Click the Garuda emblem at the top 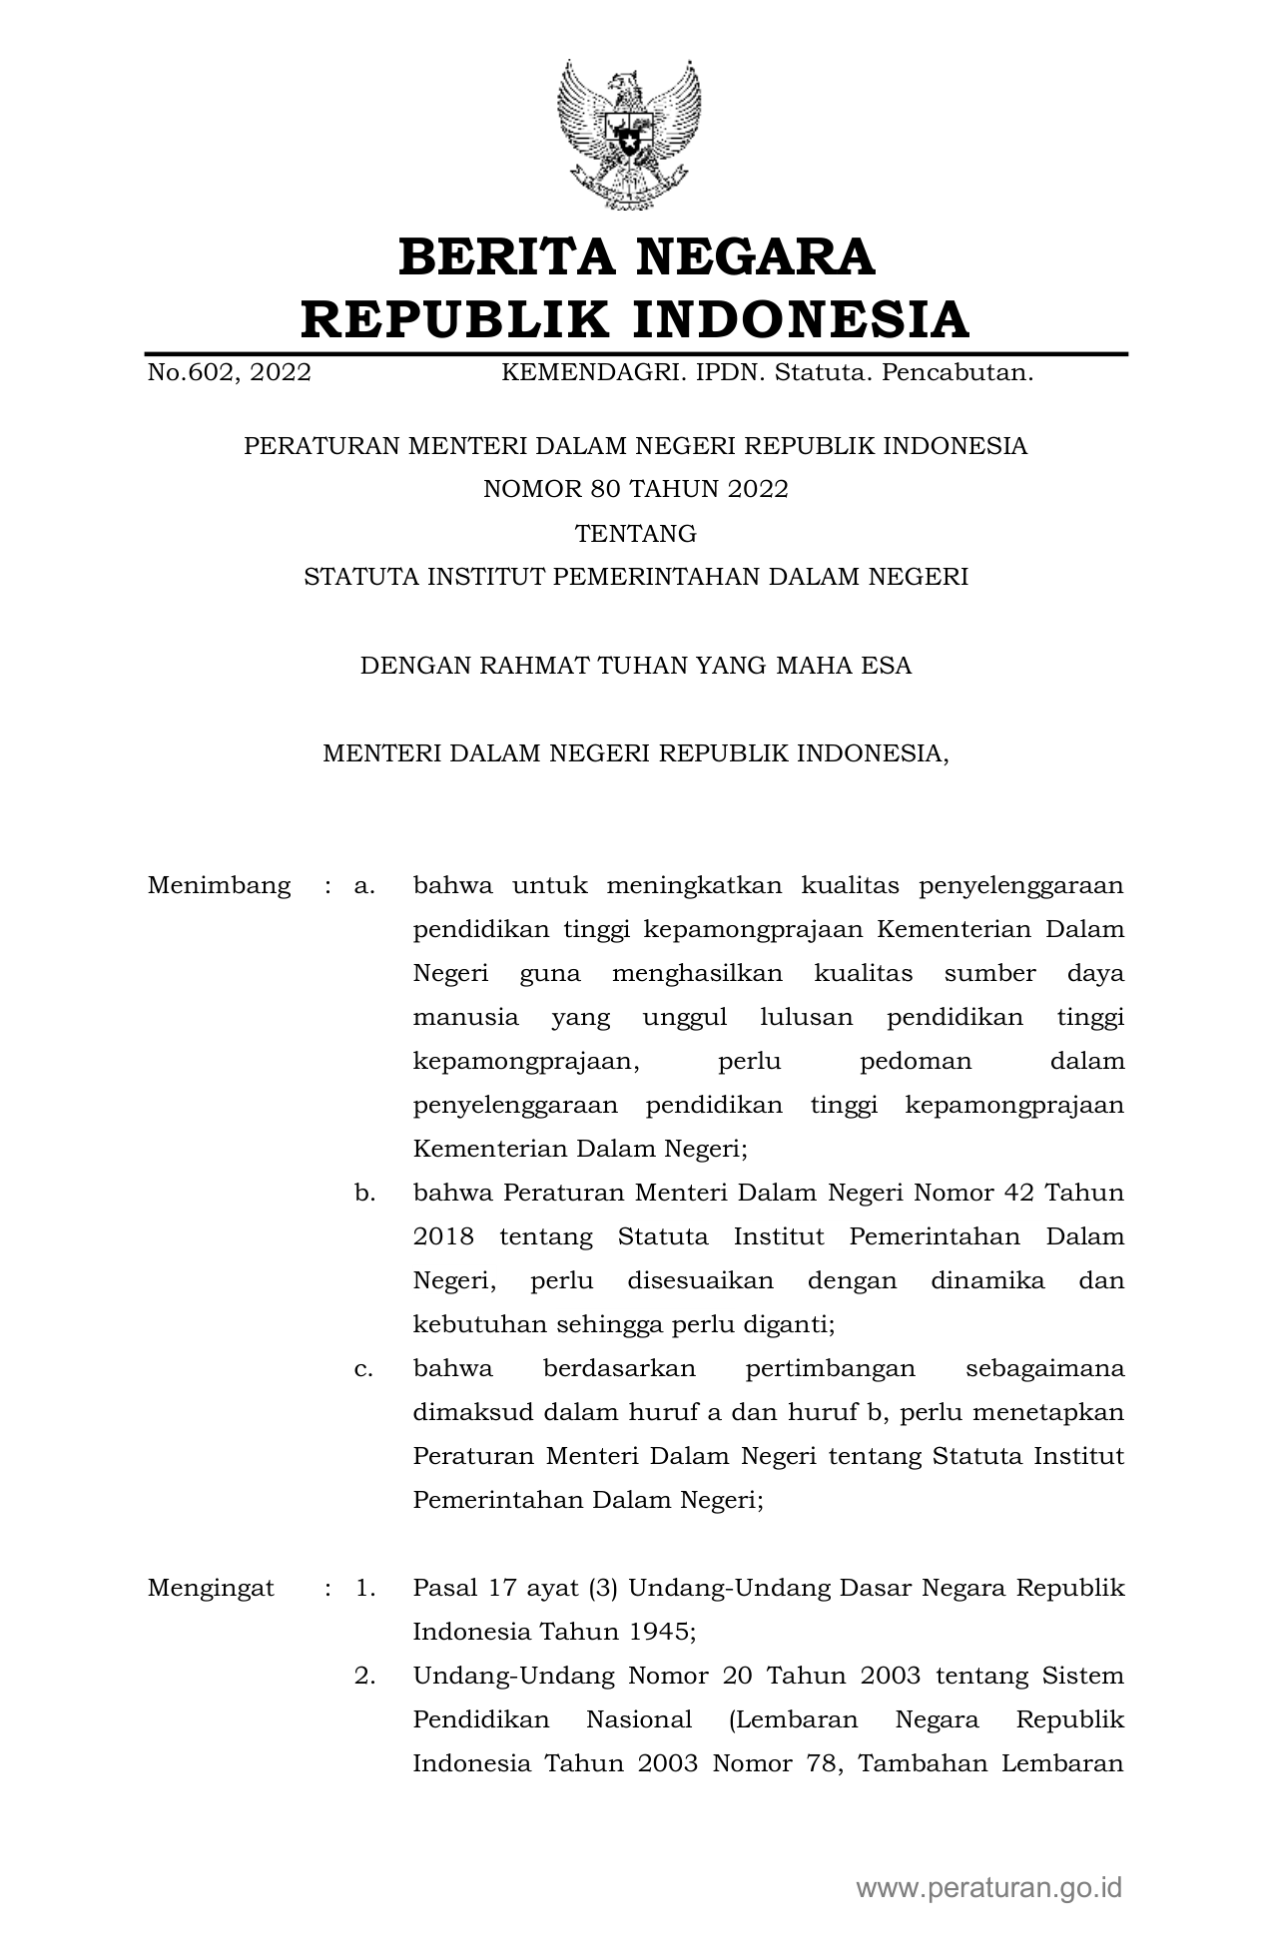tap(629, 135)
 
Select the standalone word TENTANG tap(636, 534)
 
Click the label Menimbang tap(219, 885)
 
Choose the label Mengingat tap(211, 1588)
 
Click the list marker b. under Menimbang tap(364, 1193)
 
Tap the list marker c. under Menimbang tap(364, 1368)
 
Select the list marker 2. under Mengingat tap(364, 1676)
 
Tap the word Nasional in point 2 tap(639, 1719)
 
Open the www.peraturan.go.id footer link tap(988, 1887)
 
